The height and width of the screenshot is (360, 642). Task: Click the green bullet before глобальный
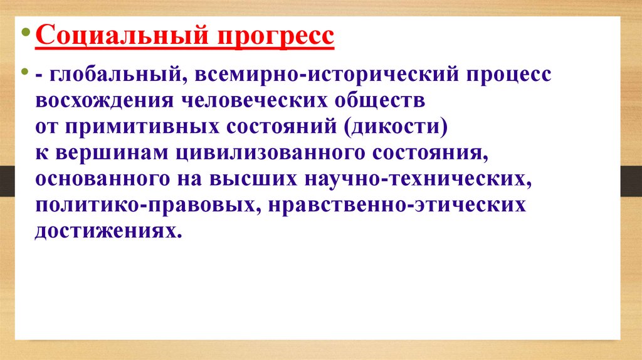(26, 73)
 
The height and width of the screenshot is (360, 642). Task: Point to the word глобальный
(116, 75)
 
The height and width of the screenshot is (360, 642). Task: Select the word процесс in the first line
(508, 75)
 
